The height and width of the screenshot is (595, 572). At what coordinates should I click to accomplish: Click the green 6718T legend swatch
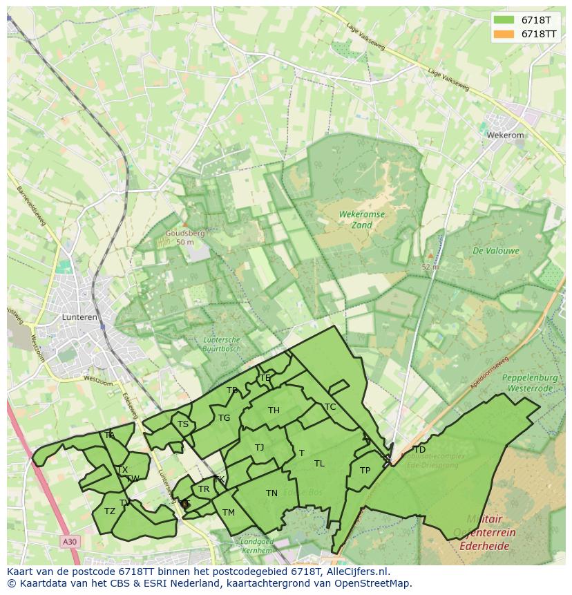[504, 20]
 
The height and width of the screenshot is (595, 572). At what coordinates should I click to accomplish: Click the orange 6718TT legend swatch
[504, 34]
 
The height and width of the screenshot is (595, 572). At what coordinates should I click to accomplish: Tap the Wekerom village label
[505, 135]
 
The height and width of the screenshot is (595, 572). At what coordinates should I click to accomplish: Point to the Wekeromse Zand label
[361, 220]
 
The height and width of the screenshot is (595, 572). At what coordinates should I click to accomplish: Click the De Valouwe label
[496, 251]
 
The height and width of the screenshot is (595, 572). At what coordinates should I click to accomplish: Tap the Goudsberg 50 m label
[184, 238]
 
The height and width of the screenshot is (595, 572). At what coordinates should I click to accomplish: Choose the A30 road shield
[68, 542]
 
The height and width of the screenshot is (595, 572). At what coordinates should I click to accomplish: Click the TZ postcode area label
[110, 511]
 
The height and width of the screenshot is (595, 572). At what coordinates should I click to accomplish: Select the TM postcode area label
[229, 512]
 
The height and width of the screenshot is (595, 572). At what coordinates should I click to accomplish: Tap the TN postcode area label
[271, 493]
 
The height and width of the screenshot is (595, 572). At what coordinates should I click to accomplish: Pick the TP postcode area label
[365, 471]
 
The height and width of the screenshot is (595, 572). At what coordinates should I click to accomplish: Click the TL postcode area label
[319, 464]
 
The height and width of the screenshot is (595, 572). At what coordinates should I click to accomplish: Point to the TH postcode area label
[274, 410]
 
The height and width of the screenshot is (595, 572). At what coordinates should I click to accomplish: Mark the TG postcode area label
[224, 418]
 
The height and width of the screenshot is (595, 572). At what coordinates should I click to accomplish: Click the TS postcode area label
[182, 424]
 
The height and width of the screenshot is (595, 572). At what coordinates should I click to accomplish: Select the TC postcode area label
[330, 407]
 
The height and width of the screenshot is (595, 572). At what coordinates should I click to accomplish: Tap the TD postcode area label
[419, 450]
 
